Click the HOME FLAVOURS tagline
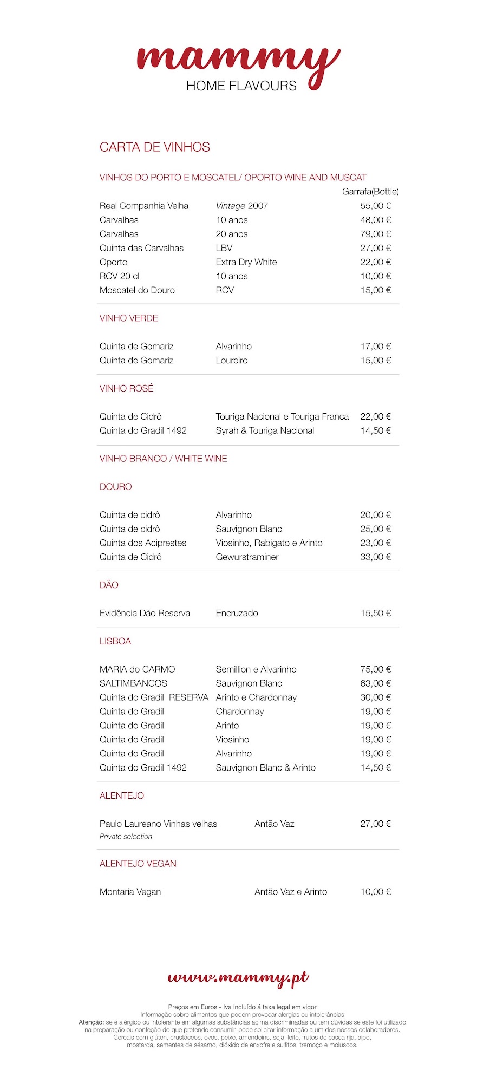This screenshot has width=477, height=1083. click(x=241, y=86)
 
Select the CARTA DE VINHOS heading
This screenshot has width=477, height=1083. click(x=154, y=147)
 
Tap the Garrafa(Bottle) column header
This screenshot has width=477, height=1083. click(x=370, y=192)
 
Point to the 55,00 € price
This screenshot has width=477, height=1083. click(x=375, y=206)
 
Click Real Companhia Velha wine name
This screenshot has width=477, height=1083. click(x=144, y=206)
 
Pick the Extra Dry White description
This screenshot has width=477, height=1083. click(x=246, y=262)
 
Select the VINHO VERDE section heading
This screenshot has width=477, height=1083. click(x=129, y=318)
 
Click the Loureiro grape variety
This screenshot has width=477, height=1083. click(x=232, y=361)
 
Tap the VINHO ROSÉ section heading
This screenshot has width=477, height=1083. click(x=127, y=389)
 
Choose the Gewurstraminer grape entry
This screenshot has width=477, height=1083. click(x=247, y=557)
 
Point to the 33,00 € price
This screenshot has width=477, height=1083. click(x=375, y=557)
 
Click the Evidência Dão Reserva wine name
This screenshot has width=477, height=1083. click(x=145, y=614)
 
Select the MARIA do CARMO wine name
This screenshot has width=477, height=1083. click(x=138, y=670)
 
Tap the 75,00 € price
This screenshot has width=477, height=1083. click(x=375, y=670)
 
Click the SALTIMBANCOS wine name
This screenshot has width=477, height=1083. click(x=133, y=684)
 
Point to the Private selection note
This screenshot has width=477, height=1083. click(x=126, y=837)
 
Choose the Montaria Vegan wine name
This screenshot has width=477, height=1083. click(x=130, y=892)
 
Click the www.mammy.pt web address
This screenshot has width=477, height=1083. click(x=238, y=978)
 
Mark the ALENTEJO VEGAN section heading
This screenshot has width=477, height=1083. click(x=138, y=864)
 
